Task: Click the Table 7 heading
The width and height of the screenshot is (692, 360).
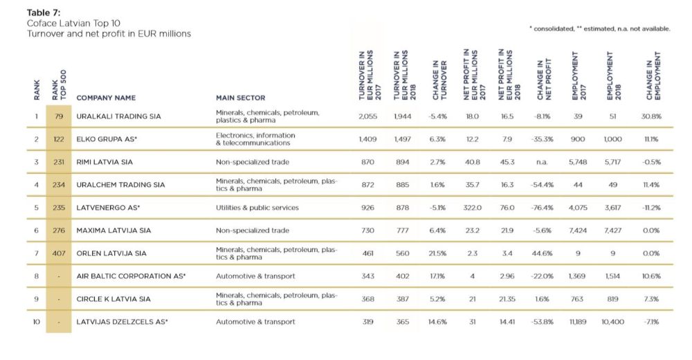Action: pyautogui.click(x=43, y=12)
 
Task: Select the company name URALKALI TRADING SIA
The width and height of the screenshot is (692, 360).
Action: pyautogui.click(x=118, y=116)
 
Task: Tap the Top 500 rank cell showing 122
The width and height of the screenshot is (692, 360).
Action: pyautogui.click(x=59, y=139)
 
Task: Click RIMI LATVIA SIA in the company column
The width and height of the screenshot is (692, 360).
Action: pyautogui.click(x=104, y=162)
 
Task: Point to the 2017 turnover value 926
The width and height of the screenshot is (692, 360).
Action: pyautogui.click(x=367, y=208)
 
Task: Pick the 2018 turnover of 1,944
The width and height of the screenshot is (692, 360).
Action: pyautogui.click(x=403, y=116)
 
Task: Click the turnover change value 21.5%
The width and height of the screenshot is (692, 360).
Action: pyautogui.click(x=437, y=253)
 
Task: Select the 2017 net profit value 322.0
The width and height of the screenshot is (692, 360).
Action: pyautogui.click(x=472, y=208)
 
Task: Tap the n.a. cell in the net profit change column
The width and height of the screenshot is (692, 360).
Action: pyautogui.click(x=542, y=162)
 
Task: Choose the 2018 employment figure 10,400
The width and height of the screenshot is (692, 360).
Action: pyautogui.click(x=612, y=322)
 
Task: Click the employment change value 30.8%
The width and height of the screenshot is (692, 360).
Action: pyautogui.click(x=651, y=116)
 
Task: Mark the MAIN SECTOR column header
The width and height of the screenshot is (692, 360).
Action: pyautogui.click(x=241, y=98)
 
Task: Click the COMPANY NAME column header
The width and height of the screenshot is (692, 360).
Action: pyautogui.click(x=106, y=98)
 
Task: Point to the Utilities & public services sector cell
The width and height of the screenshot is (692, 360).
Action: pyautogui.click(x=257, y=208)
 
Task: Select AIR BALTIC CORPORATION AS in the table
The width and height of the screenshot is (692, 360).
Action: pyautogui.click(x=131, y=276)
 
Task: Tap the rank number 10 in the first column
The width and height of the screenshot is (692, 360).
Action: pyautogui.click(x=37, y=322)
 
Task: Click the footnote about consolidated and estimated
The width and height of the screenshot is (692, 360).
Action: pyautogui.click(x=600, y=28)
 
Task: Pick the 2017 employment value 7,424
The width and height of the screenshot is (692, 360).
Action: pyautogui.click(x=578, y=231)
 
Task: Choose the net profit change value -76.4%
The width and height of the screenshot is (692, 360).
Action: pyautogui.click(x=542, y=208)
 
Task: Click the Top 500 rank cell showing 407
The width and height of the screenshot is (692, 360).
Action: pyautogui.click(x=59, y=253)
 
